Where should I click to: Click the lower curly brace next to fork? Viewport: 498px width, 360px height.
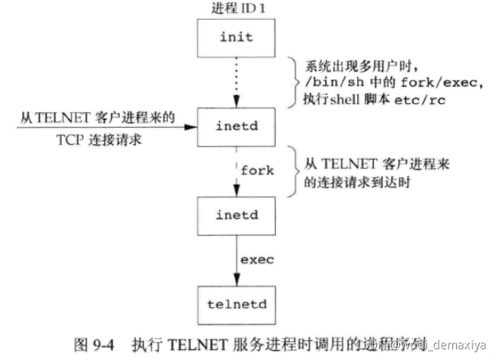click(293, 171)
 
